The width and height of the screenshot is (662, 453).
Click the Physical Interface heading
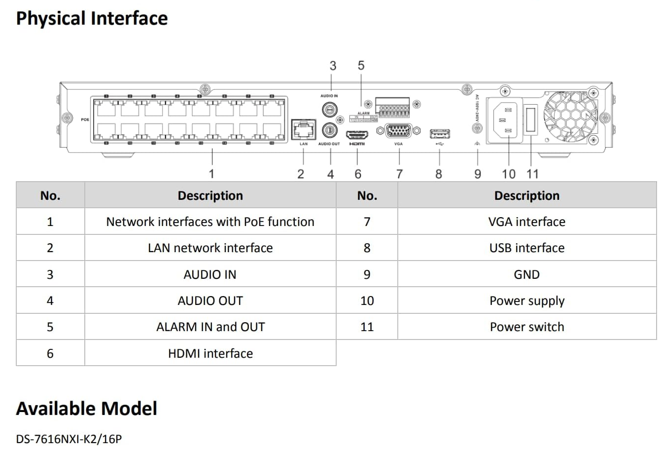click(92, 18)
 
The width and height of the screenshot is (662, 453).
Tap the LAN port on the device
click(303, 129)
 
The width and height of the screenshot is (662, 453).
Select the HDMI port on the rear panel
click(357, 134)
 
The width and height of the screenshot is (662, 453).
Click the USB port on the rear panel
click(440, 134)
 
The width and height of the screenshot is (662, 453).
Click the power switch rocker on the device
click(530, 120)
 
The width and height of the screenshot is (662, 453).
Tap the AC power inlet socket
click(504, 121)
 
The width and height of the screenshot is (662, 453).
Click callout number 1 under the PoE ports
click(211, 173)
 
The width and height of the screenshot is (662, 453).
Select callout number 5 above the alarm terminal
click(361, 65)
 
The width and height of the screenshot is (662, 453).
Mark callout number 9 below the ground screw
click(477, 174)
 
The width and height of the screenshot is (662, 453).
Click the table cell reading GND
click(526, 274)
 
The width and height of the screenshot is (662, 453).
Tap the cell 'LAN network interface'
click(210, 248)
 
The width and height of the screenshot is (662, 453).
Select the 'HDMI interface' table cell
click(210, 353)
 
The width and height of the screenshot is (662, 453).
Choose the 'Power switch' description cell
click(526, 327)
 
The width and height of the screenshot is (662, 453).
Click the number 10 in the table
click(367, 301)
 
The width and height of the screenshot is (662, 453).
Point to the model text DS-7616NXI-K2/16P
click(69, 438)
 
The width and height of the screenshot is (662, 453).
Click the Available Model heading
click(87, 409)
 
